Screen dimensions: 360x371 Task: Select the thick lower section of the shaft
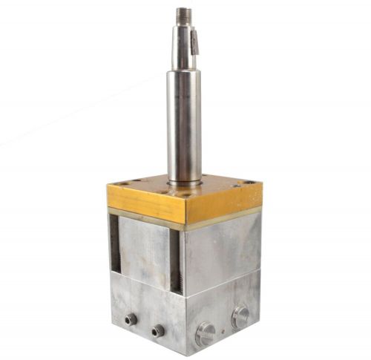(184, 126)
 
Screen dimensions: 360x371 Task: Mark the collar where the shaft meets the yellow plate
(185, 181)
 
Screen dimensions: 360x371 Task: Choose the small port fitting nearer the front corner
(158, 329)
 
